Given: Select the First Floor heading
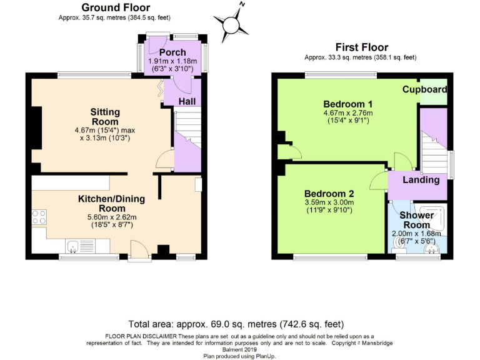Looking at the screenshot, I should coord(361,47).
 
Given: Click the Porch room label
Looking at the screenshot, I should coord(172,52).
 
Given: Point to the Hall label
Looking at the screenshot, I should coord(187,101).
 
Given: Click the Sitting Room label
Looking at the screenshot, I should coord(105,116).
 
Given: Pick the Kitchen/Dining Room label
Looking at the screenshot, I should coord(111,204).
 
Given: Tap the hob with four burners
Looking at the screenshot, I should coord(39,218).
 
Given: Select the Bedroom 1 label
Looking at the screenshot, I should coord(348,104).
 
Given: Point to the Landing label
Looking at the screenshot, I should coord(421,180).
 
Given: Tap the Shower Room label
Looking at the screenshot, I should coord(416,220).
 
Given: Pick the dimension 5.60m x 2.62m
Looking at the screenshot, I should coord(111,217).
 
